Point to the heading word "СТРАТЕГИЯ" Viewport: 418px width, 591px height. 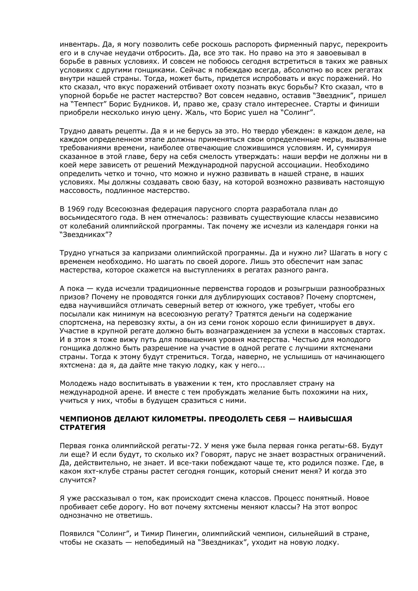[83, 428]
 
